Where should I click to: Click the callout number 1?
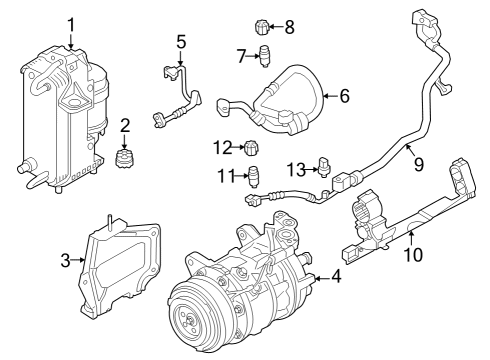point(71,24)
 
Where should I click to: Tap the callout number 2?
point(125,125)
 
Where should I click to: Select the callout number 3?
point(65,261)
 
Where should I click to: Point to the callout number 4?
point(336,277)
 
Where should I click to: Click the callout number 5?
point(181,42)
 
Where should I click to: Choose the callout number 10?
point(412,254)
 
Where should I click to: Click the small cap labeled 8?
point(263,25)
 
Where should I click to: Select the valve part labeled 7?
point(265,56)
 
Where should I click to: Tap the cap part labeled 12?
point(253,150)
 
